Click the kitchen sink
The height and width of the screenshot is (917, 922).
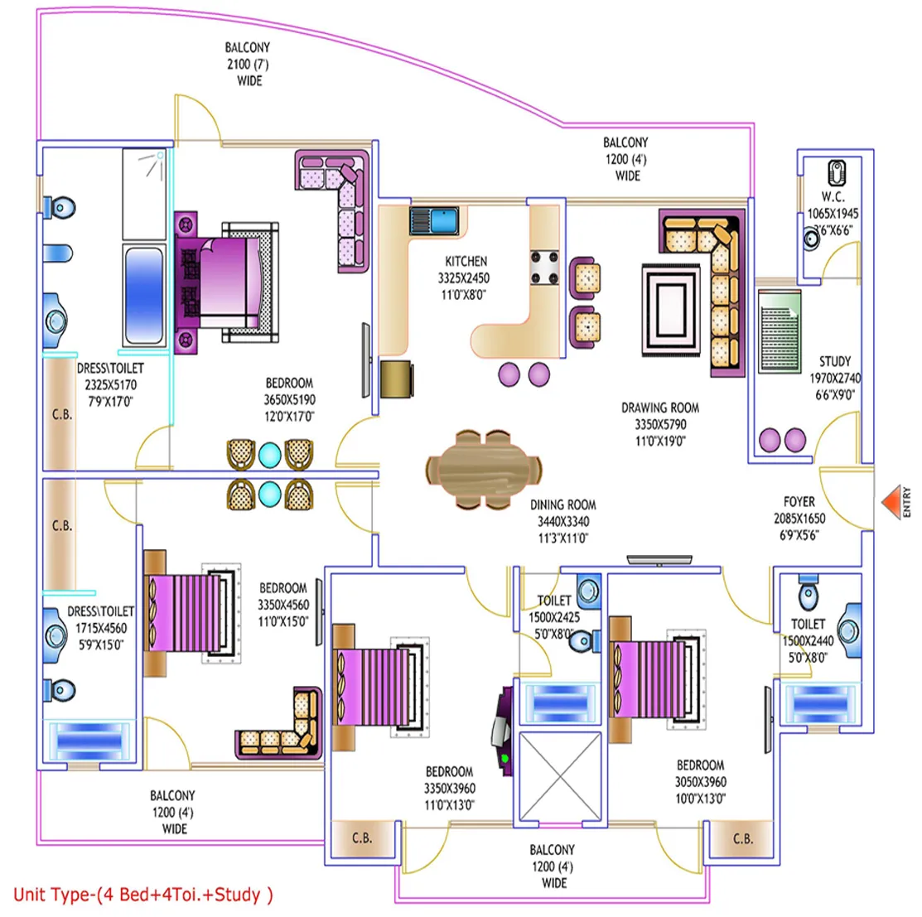(434, 221)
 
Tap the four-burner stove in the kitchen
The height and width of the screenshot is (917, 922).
(545, 268)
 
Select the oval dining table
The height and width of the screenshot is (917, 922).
(483, 470)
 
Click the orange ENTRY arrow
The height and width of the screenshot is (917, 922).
(892, 502)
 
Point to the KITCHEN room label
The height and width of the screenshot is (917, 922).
(466, 261)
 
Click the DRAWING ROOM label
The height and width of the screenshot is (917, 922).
(660, 408)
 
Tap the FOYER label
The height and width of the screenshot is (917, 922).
(799, 501)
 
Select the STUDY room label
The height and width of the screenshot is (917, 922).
(835, 361)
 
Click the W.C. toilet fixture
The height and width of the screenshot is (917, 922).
(837, 173)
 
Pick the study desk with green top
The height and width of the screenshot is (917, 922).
(780, 331)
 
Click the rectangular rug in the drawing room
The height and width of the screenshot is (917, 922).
(671, 310)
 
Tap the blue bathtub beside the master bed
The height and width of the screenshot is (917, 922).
(144, 294)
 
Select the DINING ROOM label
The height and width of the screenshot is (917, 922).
(562, 504)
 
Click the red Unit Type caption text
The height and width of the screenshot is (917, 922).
(142, 895)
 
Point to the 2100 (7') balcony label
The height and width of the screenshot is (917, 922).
(248, 64)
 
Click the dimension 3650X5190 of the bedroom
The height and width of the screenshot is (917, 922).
(289, 400)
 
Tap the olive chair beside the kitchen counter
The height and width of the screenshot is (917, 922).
(396, 379)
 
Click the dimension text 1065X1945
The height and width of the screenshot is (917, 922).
(833, 214)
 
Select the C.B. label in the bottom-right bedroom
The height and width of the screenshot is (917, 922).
(743, 838)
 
